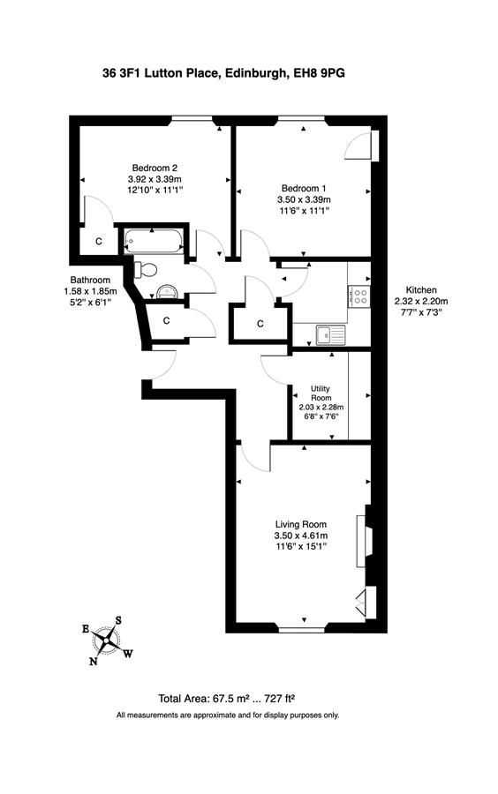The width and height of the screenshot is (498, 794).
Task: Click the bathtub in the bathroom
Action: click(x=154, y=242)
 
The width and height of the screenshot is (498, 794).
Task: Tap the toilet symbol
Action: click(x=146, y=268)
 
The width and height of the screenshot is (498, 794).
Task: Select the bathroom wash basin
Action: click(x=167, y=292)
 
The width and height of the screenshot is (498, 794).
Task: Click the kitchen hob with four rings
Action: click(x=359, y=296)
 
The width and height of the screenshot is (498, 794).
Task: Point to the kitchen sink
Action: click(x=330, y=334)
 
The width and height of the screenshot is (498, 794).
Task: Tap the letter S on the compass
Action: click(x=118, y=620)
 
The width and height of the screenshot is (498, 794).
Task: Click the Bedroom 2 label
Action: click(x=155, y=168)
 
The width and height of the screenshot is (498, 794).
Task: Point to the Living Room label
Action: click(x=301, y=525)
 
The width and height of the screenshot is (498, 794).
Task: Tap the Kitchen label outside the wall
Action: click(x=421, y=290)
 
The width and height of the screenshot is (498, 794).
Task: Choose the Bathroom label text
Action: click(x=90, y=280)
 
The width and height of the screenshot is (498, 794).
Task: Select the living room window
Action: click(x=301, y=630)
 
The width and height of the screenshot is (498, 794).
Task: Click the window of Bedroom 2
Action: click(x=191, y=119)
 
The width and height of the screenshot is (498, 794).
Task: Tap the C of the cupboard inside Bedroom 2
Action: click(x=99, y=242)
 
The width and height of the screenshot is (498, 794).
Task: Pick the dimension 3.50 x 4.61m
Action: click(x=301, y=536)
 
